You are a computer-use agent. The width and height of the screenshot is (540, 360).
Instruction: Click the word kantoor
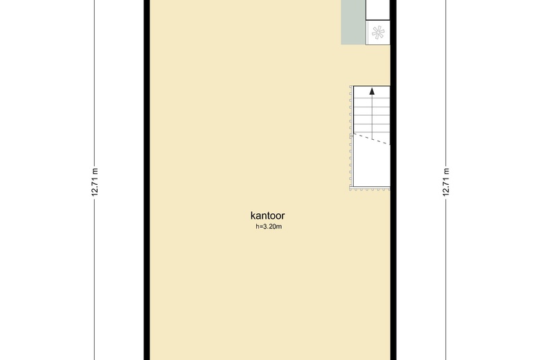click(x=268, y=216)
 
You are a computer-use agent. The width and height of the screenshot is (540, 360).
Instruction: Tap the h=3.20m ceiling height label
click(x=269, y=226)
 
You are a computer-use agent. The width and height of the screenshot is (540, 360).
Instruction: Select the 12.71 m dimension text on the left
click(x=95, y=182)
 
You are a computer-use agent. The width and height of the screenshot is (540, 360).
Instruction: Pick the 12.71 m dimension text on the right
click(x=446, y=182)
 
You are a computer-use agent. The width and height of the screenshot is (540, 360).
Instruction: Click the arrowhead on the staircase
click(x=372, y=91)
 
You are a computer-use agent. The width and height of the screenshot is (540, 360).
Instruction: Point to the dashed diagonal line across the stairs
click(x=372, y=139)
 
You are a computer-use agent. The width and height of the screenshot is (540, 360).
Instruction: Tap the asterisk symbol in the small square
click(x=378, y=33)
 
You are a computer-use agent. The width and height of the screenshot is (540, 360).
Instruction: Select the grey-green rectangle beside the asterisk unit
click(x=353, y=22)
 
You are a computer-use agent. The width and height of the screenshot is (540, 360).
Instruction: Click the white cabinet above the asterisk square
click(x=378, y=10)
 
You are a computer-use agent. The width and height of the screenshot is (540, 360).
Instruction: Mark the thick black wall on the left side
click(x=147, y=180)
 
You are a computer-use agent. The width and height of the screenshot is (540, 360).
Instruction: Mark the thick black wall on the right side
click(x=393, y=180)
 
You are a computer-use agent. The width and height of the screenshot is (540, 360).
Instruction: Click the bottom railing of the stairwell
click(x=370, y=188)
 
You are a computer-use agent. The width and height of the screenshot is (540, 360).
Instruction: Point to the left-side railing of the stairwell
click(x=351, y=137)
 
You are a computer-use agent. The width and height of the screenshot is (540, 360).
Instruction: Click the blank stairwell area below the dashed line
click(x=370, y=165)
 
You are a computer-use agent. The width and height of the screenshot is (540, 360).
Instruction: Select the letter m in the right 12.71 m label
click(x=446, y=171)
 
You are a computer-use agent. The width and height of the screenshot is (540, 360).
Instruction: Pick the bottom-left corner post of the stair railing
click(x=351, y=188)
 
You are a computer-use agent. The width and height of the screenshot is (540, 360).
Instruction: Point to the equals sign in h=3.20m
click(x=261, y=226)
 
